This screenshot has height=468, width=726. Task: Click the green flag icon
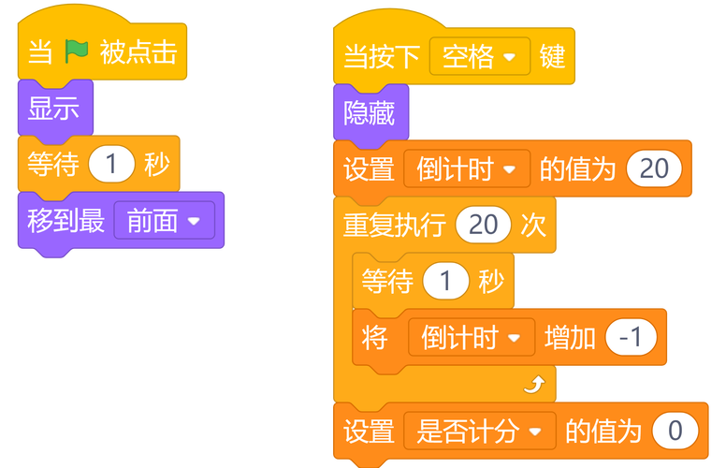(x=76, y=52)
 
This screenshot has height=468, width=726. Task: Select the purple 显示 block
(x=53, y=109)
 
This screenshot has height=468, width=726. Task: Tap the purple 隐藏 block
(x=369, y=113)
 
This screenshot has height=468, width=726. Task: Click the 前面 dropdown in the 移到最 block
(x=165, y=221)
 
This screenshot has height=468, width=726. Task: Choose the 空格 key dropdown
(x=480, y=57)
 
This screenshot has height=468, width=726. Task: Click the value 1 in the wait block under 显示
(x=111, y=165)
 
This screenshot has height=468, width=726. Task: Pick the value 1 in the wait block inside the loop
(x=445, y=282)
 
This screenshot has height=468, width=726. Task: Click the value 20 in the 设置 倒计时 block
(x=654, y=168)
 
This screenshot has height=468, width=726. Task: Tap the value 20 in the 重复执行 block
(x=483, y=226)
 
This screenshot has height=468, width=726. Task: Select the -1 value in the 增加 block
(x=632, y=337)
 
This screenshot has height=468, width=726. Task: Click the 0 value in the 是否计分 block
(x=681, y=431)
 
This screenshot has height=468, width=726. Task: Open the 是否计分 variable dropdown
(x=480, y=431)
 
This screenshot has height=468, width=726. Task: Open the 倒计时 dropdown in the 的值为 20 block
(x=467, y=168)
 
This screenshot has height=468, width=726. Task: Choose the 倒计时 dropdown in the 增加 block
(x=471, y=337)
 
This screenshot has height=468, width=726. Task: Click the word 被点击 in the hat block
(x=138, y=52)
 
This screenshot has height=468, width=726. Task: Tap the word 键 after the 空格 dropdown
(x=553, y=57)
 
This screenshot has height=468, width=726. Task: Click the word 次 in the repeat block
(x=533, y=226)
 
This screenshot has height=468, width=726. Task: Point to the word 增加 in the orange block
(x=570, y=337)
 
